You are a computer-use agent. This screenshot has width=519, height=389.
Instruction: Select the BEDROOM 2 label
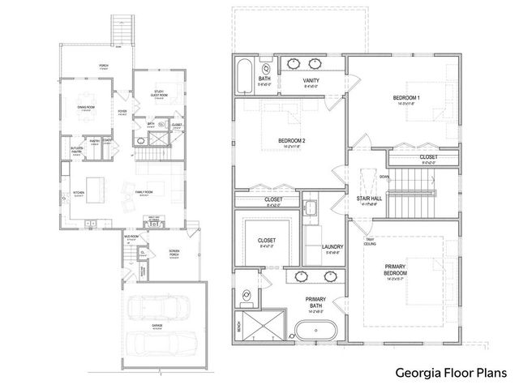point(291,141)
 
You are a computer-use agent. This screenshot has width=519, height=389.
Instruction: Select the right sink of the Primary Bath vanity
point(331,276)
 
